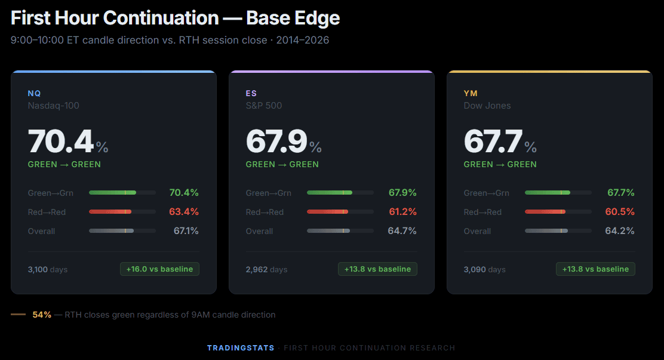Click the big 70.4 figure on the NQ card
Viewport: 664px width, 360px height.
pos(61,142)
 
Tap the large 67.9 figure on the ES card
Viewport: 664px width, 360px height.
pos(277,142)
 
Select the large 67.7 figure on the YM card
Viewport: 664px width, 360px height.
pos(493,142)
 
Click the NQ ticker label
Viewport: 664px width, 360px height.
pos(34,93)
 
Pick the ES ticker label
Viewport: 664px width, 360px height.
pos(251,93)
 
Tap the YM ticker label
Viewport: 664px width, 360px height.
pos(471,93)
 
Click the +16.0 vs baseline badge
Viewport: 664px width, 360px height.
pos(159,269)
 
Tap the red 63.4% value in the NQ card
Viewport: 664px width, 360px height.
pos(184,212)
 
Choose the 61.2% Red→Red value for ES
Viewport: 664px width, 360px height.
pos(402,212)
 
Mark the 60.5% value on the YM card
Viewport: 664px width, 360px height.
pos(620,212)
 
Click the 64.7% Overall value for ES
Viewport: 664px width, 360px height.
pos(402,231)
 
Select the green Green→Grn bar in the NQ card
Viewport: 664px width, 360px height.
pos(112,193)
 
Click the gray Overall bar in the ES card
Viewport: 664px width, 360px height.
pos(328,231)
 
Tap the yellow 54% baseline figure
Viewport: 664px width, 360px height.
pos(42,315)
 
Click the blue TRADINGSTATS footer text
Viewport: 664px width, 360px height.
pos(241,348)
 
